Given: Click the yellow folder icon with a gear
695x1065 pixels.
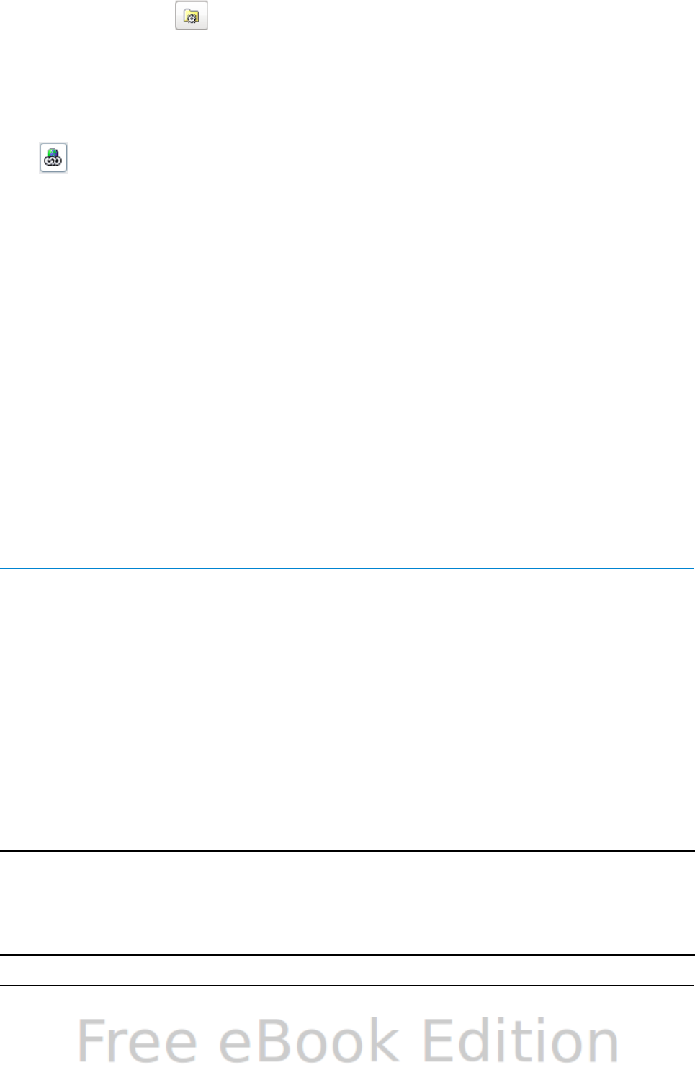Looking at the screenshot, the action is (192, 17).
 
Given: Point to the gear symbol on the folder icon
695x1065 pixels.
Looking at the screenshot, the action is (193, 19).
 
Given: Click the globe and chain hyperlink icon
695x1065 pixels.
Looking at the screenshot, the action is (53, 157).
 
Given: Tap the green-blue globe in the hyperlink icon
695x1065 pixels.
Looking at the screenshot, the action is (53, 152).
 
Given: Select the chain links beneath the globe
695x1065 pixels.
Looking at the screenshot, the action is (53, 163).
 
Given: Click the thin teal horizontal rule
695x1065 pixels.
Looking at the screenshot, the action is (347, 568).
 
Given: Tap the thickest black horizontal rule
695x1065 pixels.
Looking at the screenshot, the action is (347, 850).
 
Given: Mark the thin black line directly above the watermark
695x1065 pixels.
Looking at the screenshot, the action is (347, 985).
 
